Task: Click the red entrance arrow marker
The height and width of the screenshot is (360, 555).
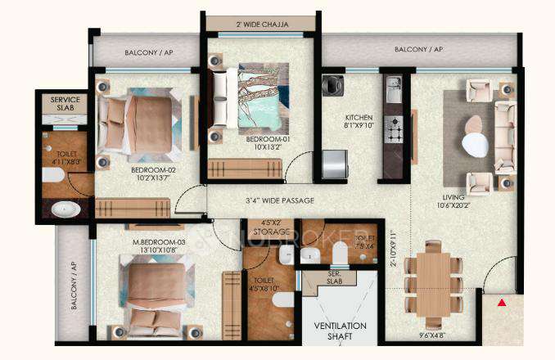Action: click(501, 304)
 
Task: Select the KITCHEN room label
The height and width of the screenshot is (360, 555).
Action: click(359, 122)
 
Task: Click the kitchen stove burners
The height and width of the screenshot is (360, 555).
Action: click(393, 128)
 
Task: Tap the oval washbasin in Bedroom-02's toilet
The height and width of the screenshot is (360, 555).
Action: click(65, 209)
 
